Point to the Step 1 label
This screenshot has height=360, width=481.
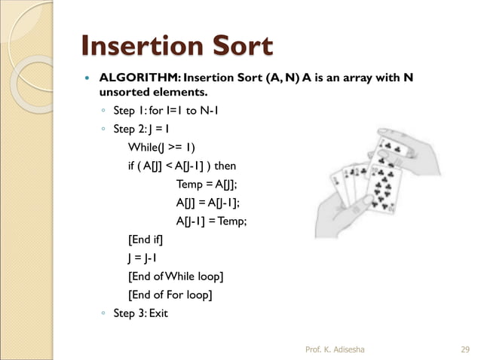(x=129, y=112)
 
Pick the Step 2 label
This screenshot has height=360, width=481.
(x=129, y=129)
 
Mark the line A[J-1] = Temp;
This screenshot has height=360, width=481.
(x=211, y=221)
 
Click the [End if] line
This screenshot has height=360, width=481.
(x=145, y=239)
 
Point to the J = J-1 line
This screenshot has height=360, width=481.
(x=143, y=258)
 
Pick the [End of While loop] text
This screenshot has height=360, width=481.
(x=176, y=276)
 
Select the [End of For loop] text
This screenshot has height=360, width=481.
(x=170, y=294)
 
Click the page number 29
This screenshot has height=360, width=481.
(x=464, y=349)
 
